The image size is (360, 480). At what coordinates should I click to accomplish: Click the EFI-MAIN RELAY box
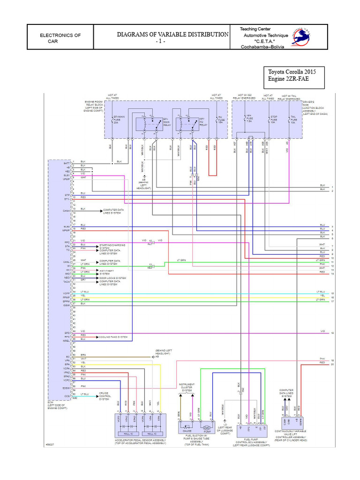pyautogui.click(x=149, y=124)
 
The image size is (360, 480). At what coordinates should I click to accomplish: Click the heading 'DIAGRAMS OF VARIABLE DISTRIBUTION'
pyautogui.click(x=172, y=34)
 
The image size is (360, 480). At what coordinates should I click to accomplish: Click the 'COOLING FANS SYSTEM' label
pyautogui.click(x=112, y=337)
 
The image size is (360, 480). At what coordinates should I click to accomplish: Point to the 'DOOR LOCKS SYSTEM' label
pyautogui.click(x=112, y=278)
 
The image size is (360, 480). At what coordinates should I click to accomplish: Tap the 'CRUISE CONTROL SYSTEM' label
pyautogui.click(x=105, y=396)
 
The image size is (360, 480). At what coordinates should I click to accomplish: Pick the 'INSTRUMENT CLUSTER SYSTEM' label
pyautogui.click(x=187, y=387)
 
